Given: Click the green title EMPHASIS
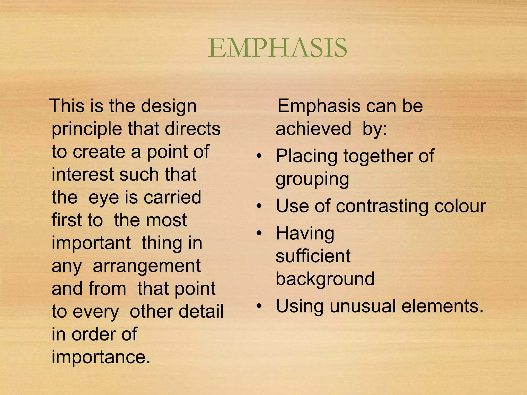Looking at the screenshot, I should (278, 48).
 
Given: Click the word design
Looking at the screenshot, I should (169, 106).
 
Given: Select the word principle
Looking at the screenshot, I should (87, 129).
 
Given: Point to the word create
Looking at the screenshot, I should (99, 152).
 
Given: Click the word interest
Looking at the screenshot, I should (82, 174).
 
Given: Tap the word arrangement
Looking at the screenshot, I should (147, 266).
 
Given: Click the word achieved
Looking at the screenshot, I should (313, 129).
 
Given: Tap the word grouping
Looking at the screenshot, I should (312, 179).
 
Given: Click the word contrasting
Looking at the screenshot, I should (382, 206).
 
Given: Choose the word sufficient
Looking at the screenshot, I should (313, 256).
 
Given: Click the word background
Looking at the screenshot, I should (325, 279).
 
